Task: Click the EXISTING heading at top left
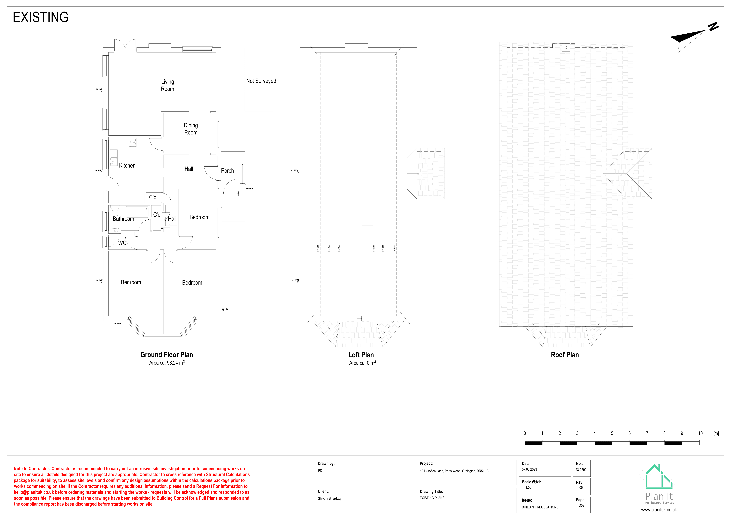(41, 17)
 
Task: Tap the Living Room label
(168, 85)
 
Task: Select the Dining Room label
(191, 129)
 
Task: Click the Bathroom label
(123, 219)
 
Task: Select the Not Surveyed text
(261, 81)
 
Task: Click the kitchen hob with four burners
(132, 142)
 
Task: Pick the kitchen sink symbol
(113, 158)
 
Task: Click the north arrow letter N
(713, 27)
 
